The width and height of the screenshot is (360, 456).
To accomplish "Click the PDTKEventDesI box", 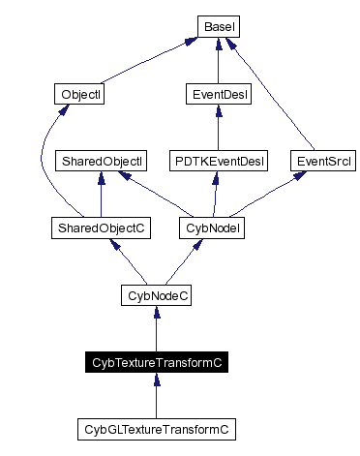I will point(218,160).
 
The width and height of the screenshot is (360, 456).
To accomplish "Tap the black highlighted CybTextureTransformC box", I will point(157,362).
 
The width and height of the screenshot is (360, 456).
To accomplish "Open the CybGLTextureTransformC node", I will point(157,428).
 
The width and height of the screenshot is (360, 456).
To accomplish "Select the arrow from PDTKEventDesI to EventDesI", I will point(218,127).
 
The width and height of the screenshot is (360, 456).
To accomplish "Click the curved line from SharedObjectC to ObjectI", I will point(43,165).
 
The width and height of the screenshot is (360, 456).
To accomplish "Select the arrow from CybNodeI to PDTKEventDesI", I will point(215,194).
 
